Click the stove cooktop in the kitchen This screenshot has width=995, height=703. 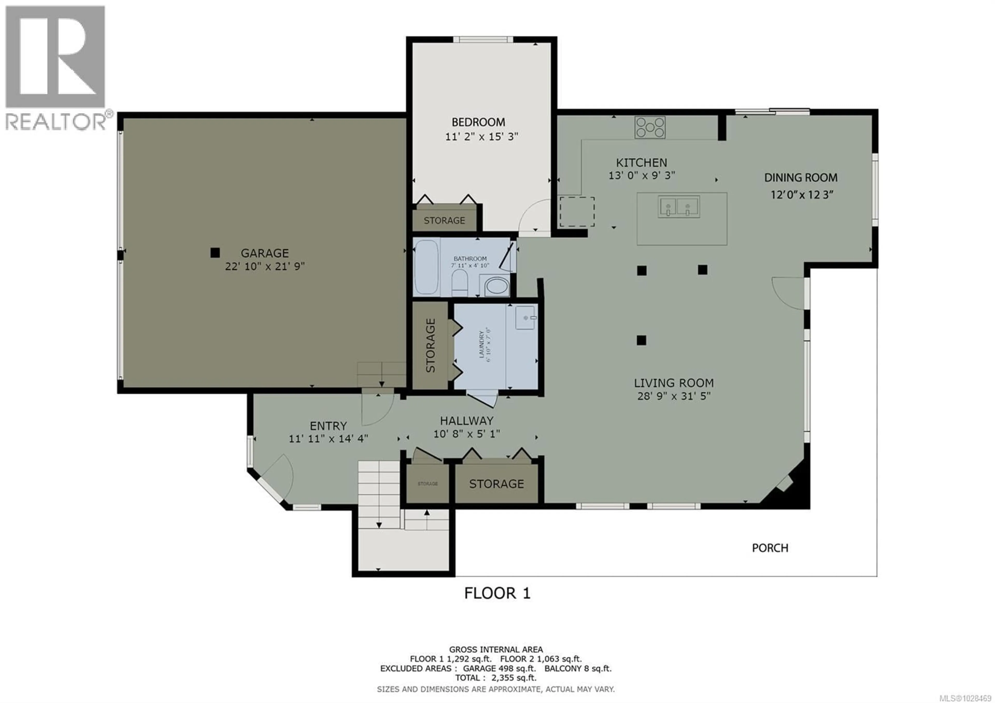[x=650, y=128]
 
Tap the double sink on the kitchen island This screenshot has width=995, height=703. [x=679, y=206]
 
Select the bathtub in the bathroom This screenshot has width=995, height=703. [x=427, y=268]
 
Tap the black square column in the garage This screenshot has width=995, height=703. [x=215, y=253]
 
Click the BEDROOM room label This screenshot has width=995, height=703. [x=478, y=122]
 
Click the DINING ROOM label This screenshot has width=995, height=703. [x=800, y=178]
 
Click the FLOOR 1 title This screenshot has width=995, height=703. [x=497, y=593]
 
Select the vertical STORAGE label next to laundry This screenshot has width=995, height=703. [x=430, y=346]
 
